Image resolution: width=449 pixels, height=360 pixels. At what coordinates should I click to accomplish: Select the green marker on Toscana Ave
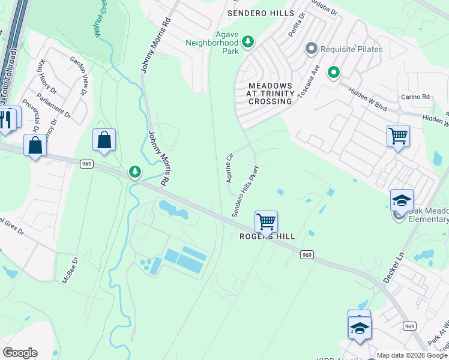pos(334,73)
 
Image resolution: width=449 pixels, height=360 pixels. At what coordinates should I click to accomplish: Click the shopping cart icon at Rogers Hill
pos(266,221)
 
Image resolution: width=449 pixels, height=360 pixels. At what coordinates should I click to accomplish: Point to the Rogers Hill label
pos(268,236)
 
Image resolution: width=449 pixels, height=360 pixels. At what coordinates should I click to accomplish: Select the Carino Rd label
pos(416,97)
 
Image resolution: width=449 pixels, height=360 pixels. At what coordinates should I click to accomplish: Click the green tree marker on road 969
pos(135,172)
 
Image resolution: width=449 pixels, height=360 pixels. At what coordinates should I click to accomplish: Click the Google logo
pos(20,353)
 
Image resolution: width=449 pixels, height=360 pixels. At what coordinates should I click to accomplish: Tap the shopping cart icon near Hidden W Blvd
pos(398,136)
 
